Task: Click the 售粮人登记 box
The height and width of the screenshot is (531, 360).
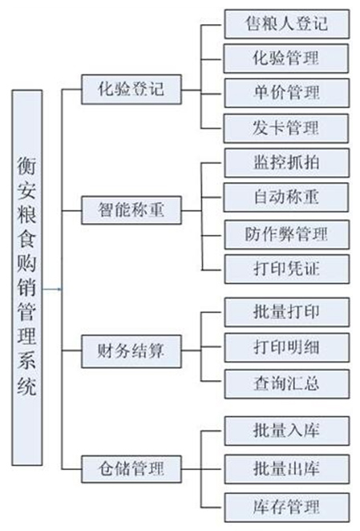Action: (x=286, y=23)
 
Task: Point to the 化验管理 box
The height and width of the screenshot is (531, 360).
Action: (x=286, y=58)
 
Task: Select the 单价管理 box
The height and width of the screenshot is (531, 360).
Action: (x=286, y=93)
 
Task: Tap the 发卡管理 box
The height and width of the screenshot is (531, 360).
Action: (x=286, y=128)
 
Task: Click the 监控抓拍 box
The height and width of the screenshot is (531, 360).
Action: (x=286, y=161)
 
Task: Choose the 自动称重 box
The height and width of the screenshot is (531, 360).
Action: (x=286, y=196)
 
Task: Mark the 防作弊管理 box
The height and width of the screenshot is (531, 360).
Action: (x=286, y=233)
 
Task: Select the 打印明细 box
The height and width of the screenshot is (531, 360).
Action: (x=286, y=347)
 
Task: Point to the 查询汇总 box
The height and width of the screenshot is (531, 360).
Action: (x=286, y=383)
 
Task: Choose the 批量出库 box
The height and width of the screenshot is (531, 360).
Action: (x=286, y=467)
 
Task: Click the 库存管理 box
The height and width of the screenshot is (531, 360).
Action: (x=286, y=506)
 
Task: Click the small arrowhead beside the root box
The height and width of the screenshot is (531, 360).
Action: (x=59, y=286)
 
